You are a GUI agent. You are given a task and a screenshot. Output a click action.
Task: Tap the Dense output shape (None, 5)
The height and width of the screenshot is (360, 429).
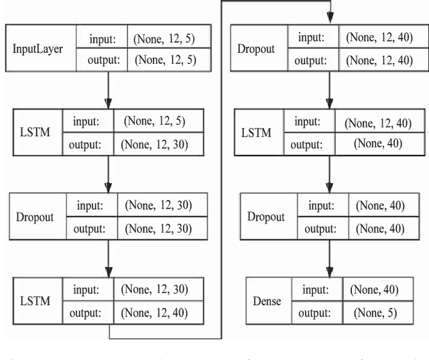coord(374,313)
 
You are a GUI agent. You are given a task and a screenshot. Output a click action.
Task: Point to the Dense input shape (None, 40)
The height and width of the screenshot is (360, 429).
coord(374,290)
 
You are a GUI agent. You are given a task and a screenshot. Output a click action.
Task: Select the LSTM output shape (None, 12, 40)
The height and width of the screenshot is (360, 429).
coord(154,312)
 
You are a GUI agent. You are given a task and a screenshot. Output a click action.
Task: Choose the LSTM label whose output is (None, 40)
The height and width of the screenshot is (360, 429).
coord(255,132)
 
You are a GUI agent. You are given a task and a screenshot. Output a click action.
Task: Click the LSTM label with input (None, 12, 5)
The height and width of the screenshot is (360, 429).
coord(35,133)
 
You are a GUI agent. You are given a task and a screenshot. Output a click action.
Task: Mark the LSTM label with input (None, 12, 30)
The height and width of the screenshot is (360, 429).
coord(35,301)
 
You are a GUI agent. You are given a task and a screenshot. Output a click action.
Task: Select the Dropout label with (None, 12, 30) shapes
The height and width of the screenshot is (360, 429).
coord(35,217)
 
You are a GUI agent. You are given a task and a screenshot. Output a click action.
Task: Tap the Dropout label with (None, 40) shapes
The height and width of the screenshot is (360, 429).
coord(265,217)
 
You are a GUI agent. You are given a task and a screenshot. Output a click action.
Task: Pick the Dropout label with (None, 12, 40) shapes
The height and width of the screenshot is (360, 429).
coord(255,49)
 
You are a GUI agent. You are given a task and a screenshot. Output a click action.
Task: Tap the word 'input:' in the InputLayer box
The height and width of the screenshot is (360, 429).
coord(104,39)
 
